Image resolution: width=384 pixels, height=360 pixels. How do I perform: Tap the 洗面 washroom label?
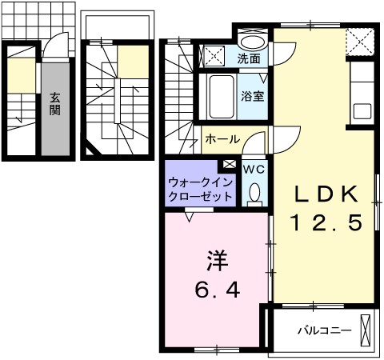tap(248, 58)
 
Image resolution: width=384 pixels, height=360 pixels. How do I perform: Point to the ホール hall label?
tap(222, 139)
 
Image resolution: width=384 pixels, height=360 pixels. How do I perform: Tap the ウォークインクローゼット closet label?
tap(200, 189)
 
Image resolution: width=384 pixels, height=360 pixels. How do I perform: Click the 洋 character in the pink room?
tap(217, 260)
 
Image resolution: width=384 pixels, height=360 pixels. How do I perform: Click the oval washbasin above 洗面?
tap(253, 42)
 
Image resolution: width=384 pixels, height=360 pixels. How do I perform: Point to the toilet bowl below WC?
tap(254, 192)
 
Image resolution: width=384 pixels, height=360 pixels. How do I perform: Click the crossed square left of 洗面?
tap(214, 55)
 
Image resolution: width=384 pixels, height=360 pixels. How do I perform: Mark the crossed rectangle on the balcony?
tap(366, 330)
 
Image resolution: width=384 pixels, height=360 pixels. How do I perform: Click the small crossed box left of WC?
tap(230, 165)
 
